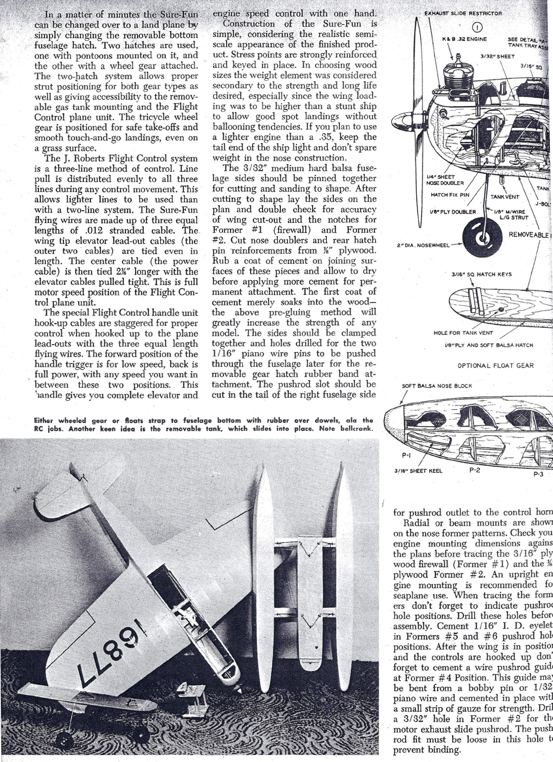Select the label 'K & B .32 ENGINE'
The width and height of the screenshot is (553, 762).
tap(464, 39)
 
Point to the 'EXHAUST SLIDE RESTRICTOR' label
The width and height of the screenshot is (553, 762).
tap(463, 13)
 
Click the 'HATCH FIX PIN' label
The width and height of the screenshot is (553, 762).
tap(450, 195)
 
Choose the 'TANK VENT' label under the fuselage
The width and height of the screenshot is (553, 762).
tap(505, 196)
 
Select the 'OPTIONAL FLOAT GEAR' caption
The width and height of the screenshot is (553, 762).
tap(495, 366)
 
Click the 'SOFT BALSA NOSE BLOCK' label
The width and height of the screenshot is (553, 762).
tap(437, 386)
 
